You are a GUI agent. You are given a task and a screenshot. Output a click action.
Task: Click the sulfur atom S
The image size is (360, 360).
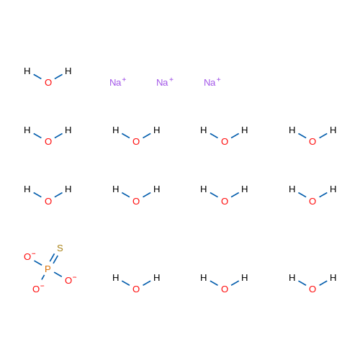[x=60, y=248]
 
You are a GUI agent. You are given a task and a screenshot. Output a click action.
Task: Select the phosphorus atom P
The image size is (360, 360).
[x=48, y=269]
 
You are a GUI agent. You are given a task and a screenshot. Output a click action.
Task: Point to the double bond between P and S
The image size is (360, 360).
[x=54, y=258]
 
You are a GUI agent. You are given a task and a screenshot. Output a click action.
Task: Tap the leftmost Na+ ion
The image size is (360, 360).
[x=117, y=82]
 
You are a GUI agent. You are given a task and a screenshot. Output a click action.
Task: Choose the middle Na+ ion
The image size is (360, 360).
[x=165, y=82]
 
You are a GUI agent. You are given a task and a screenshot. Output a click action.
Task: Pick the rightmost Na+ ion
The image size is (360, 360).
[x=212, y=82]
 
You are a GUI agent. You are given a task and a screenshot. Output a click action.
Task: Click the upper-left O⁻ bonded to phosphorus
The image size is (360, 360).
[x=30, y=256]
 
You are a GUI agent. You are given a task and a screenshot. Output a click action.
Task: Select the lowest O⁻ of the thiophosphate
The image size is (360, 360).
[x=38, y=289]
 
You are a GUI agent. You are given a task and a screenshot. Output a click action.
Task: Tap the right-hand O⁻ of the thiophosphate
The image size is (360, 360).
[x=71, y=280]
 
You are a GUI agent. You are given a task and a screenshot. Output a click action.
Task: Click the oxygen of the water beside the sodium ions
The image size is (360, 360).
[x=48, y=83]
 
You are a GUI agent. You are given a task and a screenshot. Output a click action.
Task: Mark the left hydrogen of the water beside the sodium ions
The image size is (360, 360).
[x=27, y=71]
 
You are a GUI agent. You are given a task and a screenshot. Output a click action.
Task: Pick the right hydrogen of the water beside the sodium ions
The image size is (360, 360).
[x=68, y=71]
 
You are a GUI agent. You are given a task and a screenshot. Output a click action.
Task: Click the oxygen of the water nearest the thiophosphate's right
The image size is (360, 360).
[x=136, y=289]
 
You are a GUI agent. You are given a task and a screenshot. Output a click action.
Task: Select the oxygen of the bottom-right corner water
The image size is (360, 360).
[x=312, y=289]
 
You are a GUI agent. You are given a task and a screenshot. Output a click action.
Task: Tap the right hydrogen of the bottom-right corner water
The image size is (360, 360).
[x=333, y=278]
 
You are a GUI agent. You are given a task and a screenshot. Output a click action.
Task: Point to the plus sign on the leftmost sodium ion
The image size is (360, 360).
[x=124, y=79]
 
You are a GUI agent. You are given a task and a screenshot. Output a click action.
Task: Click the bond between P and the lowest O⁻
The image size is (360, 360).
[x=43, y=277]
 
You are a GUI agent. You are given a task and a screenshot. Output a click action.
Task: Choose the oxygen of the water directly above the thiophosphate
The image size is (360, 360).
[x=48, y=201]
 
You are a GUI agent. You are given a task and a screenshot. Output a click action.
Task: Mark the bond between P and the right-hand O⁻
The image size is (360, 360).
[x=58, y=274]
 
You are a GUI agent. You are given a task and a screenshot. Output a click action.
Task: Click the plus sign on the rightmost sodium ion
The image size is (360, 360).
[x=218, y=79]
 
